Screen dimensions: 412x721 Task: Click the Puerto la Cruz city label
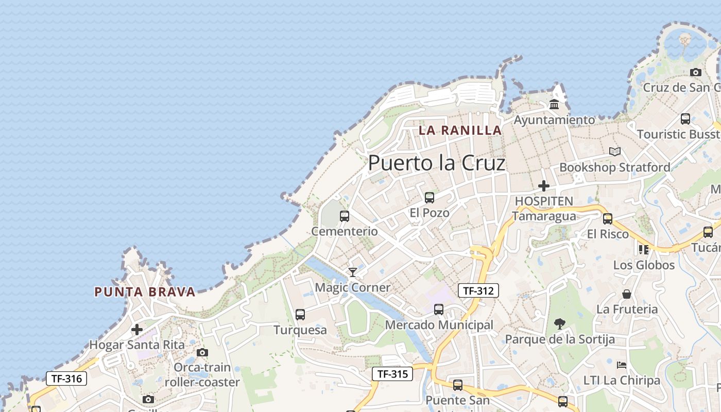point(437,163)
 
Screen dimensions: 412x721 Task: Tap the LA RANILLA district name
point(460,130)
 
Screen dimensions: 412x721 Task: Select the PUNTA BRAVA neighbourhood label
point(145,292)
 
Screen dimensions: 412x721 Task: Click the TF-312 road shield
point(478,290)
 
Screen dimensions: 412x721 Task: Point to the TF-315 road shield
point(392,374)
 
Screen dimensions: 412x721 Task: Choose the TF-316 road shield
point(66,379)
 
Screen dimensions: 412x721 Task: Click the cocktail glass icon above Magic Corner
point(353,272)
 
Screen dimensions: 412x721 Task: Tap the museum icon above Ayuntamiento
point(554,105)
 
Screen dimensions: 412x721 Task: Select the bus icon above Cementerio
point(345,216)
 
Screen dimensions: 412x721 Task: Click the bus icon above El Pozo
point(429,198)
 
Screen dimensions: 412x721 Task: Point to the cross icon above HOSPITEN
point(543,186)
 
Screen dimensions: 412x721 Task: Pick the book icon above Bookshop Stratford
point(614,152)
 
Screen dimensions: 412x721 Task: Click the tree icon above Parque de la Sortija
point(559,324)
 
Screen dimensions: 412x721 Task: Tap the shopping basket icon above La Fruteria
point(627,294)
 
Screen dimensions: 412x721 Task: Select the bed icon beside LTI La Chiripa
point(622,365)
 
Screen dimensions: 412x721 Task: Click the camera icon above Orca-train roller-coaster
point(202,353)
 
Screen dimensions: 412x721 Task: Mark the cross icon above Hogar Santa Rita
point(137,330)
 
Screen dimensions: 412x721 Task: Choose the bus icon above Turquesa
point(300,315)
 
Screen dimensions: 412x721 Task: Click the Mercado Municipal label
point(439,325)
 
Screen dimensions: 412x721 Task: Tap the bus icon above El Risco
point(608,219)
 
